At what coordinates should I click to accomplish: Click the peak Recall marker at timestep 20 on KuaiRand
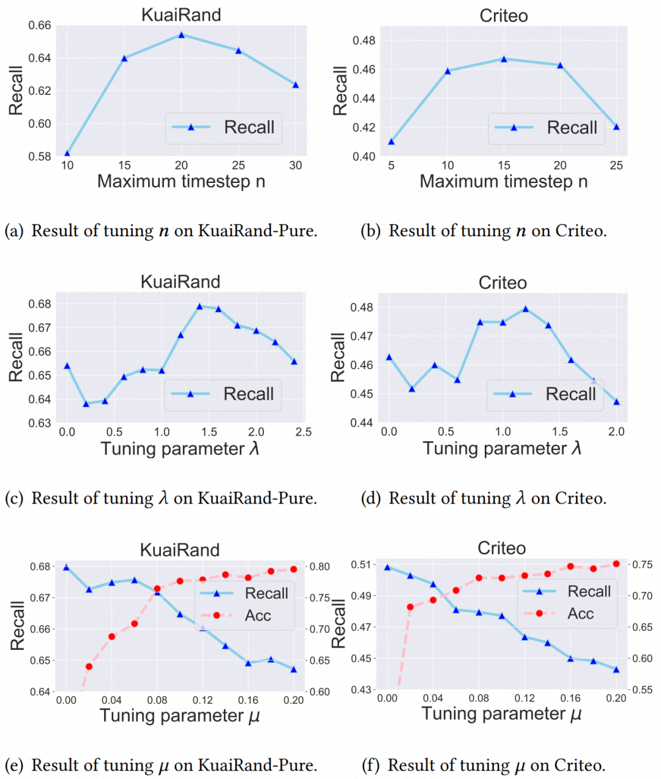click(x=181, y=35)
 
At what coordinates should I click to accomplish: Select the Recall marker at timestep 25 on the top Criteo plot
click(x=616, y=127)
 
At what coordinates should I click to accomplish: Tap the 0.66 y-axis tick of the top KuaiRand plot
click(x=40, y=25)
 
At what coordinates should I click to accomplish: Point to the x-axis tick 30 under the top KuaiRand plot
click(x=296, y=165)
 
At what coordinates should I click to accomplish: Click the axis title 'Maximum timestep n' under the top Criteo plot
click(x=503, y=181)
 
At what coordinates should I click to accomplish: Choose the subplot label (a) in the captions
click(x=14, y=231)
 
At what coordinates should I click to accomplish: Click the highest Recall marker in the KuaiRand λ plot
click(x=200, y=306)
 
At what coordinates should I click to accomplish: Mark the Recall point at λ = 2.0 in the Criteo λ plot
click(x=616, y=401)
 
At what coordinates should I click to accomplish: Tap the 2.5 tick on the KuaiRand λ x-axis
click(x=304, y=432)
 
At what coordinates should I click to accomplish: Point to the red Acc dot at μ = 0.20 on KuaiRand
click(x=294, y=569)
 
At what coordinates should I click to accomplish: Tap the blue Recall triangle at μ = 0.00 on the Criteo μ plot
click(x=387, y=567)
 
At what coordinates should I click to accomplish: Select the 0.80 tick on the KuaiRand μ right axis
click(x=319, y=567)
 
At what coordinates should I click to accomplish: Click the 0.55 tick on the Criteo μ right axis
click(x=642, y=690)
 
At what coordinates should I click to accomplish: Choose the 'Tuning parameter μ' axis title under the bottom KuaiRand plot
click(x=180, y=715)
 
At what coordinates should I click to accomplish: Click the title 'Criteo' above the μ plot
click(x=501, y=548)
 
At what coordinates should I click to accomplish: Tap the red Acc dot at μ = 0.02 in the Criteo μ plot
click(x=410, y=607)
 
